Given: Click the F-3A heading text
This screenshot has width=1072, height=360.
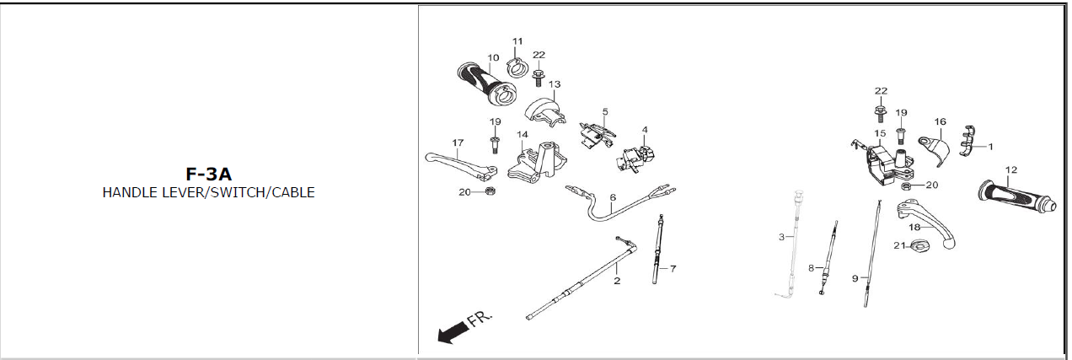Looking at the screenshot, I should pos(208,175).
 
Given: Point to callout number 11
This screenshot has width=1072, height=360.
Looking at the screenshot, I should pos(517,41).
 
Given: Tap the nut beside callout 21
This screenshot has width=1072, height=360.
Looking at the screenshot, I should pos(921,246).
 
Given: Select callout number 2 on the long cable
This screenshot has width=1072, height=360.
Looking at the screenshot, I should pos(617,281).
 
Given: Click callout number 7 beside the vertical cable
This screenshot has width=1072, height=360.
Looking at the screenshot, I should pos(673,269).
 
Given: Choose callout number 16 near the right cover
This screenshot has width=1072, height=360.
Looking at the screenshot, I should pos(941,122).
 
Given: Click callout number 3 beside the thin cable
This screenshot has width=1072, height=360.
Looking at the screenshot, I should pos(781,238).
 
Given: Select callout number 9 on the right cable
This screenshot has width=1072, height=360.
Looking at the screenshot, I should pos(855,277).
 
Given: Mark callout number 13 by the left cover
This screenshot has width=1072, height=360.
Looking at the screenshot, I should pos(554,84).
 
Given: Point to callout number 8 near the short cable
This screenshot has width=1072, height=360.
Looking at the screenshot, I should pos(811,268).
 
